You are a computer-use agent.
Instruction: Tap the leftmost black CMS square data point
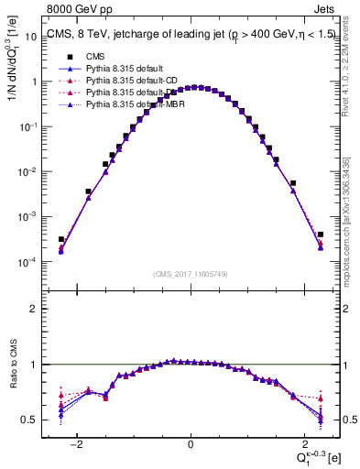60,239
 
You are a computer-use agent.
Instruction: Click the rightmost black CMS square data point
321,234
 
